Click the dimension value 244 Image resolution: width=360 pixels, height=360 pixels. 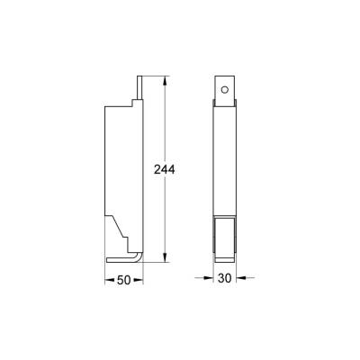tap(165, 170)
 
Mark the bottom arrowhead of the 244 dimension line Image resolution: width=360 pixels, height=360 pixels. tap(165, 260)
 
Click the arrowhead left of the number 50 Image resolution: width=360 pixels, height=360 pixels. tap(108, 280)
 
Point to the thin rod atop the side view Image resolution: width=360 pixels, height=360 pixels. tap(139, 88)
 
